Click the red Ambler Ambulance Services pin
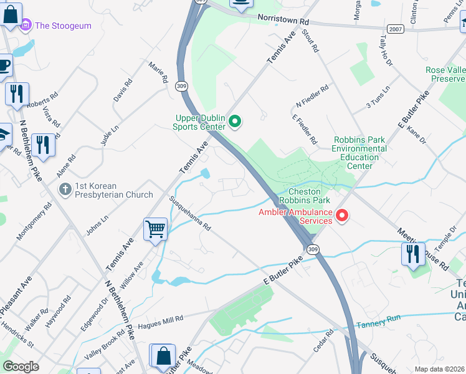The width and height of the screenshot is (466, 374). [x=342, y=216]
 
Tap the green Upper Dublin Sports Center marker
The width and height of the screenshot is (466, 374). [x=235, y=121]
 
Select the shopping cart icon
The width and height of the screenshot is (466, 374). [x=155, y=229]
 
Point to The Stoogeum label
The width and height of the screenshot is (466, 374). [x=63, y=26]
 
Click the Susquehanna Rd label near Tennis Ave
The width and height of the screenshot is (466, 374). [x=191, y=213]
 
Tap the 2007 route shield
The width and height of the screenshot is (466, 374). [x=395, y=29]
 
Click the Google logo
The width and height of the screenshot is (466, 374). [x=21, y=367]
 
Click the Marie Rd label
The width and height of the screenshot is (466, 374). [x=158, y=72]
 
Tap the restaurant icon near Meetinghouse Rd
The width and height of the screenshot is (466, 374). [x=413, y=254]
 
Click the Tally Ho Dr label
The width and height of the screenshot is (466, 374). [x=384, y=49]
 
